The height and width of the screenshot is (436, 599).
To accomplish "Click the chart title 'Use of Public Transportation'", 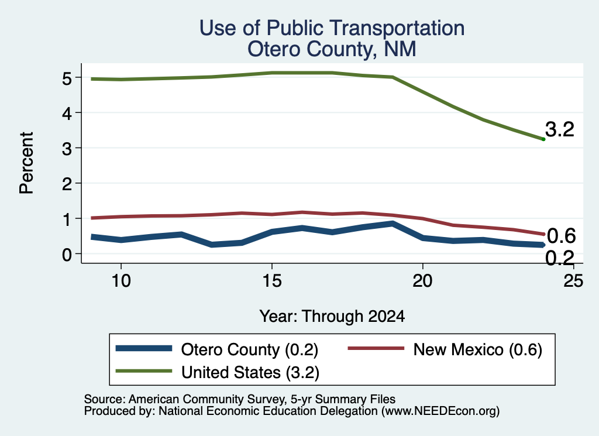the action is click(x=332, y=28).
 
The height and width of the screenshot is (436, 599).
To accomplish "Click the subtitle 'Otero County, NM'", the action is click(x=332, y=49).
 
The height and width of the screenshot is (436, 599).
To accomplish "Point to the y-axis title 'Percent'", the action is click(x=26, y=163).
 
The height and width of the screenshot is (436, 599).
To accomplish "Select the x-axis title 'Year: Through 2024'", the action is click(x=332, y=317).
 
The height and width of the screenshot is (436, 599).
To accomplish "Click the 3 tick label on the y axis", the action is click(x=67, y=149).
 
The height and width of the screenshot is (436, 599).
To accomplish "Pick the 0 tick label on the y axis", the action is click(x=67, y=254).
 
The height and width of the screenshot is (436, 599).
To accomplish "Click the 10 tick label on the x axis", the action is click(x=121, y=281).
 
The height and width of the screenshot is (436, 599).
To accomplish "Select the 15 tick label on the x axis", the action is click(x=272, y=281).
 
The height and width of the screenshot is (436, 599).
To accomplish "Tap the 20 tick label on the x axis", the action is click(x=422, y=281).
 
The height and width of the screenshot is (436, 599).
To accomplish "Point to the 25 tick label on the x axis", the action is click(x=573, y=281).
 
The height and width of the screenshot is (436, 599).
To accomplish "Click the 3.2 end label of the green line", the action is click(x=560, y=129).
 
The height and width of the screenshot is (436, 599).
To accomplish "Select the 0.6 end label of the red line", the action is click(x=561, y=236).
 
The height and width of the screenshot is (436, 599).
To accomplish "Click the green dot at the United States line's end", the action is click(x=543, y=139).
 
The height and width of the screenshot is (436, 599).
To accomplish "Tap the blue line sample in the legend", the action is click(x=144, y=348).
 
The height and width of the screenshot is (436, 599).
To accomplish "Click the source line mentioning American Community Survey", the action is click(x=239, y=399).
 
